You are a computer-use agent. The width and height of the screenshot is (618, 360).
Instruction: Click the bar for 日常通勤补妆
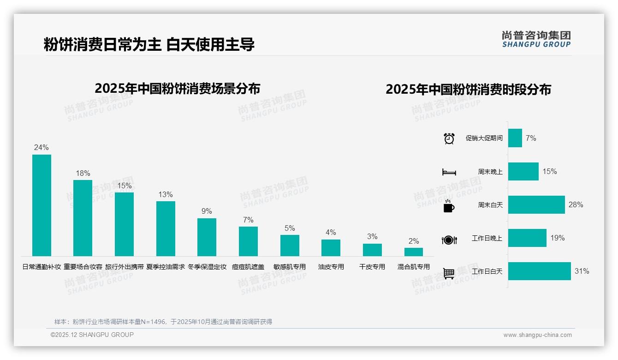(42, 205)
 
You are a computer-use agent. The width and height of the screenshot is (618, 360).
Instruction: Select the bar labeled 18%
(83, 218)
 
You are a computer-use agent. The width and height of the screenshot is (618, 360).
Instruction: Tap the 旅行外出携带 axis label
(124, 267)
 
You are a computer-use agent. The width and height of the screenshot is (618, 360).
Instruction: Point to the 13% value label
(165, 195)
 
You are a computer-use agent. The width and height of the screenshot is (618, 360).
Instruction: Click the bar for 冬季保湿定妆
(207, 237)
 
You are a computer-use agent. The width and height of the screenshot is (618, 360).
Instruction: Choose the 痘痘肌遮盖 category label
(248, 267)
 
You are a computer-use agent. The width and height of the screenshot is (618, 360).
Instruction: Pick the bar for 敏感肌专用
(290, 246)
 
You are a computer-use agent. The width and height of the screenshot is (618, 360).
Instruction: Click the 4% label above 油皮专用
(331, 232)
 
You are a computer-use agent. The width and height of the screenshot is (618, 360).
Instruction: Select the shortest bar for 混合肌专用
(414, 252)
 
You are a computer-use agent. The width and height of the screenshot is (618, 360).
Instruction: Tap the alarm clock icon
(449, 138)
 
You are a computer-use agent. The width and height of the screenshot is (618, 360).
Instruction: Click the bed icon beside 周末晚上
(449, 172)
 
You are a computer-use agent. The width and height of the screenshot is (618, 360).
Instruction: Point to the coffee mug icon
(449, 205)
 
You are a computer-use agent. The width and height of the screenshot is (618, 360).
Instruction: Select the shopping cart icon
(449, 273)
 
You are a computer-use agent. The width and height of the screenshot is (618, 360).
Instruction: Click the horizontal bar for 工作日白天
(539, 271)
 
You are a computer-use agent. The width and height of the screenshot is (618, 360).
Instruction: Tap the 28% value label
(576, 204)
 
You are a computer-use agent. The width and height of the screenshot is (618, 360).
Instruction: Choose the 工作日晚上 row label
(487, 238)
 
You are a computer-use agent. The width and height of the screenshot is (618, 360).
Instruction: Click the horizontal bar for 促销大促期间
(515, 138)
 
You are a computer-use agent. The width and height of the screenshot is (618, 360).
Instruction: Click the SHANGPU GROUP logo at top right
(536, 39)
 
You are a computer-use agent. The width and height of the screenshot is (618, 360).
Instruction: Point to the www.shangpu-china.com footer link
(537, 335)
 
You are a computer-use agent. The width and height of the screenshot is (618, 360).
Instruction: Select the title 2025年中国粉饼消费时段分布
(468, 89)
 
